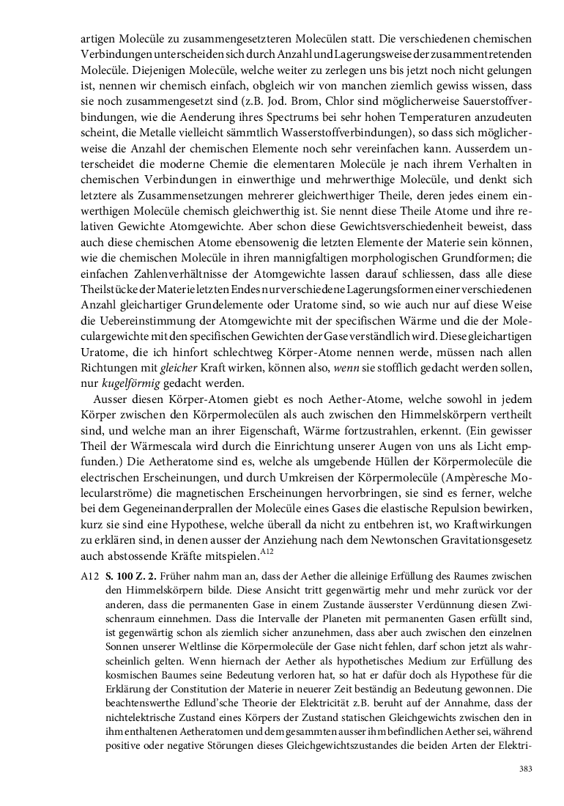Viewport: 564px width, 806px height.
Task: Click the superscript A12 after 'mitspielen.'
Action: click(x=267, y=551)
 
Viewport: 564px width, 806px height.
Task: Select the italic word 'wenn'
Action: click(x=345, y=368)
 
